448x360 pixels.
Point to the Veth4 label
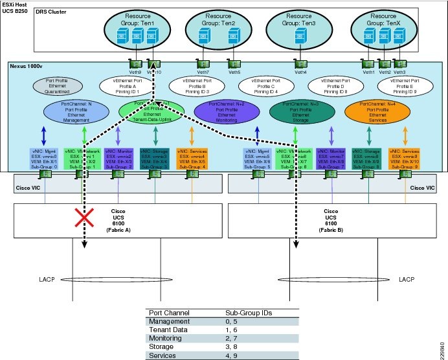300,72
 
